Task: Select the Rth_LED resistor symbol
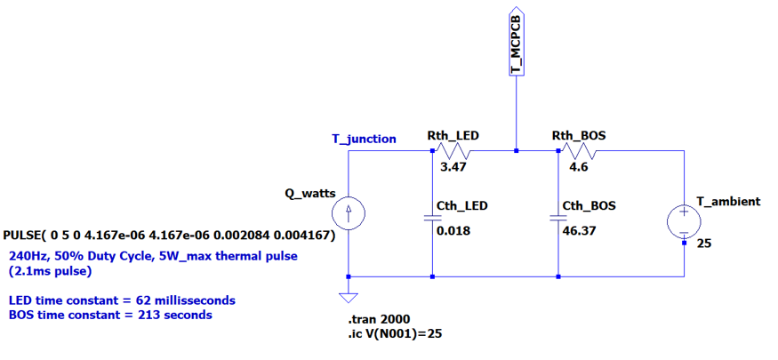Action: pos(454,151)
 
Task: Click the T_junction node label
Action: pos(364,139)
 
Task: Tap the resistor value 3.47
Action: pos(453,166)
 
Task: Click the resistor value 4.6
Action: pos(578,166)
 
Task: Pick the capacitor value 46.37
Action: pos(578,231)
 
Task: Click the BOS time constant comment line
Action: pos(110,314)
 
